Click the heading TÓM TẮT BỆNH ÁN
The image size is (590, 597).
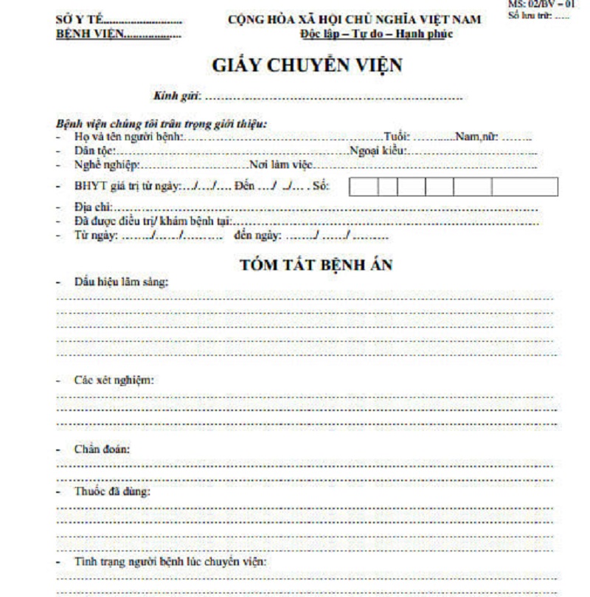pyautogui.click(x=316, y=266)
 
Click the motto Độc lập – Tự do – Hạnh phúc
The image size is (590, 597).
pyautogui.click(x=377, y=34)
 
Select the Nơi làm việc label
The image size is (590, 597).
pyautogui.click(x=280, y=165)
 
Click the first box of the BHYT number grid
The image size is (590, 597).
pyautogui.click(x=364, y=187)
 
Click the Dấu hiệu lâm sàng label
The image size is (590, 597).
pyautogui.click(x=122, y=282)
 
